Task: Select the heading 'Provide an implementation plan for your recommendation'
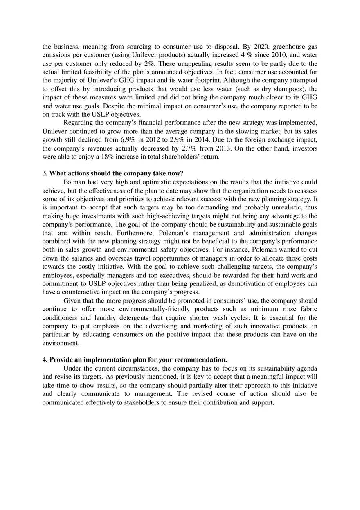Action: click(138, 360)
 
